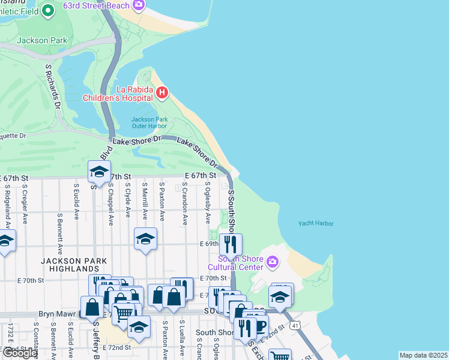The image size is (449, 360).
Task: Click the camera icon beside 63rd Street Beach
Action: click(139, 5)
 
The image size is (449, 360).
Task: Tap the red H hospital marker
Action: click(162, 93)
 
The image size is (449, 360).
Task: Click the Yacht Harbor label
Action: click(315, 223)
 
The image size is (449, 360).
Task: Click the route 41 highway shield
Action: click(295, 342)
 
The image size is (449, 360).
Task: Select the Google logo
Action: click(20, 353)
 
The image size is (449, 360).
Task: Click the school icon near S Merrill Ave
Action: click(145, 239)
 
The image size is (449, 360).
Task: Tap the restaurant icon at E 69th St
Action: click(231, 244)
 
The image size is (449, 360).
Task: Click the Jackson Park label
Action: click(41, 40)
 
